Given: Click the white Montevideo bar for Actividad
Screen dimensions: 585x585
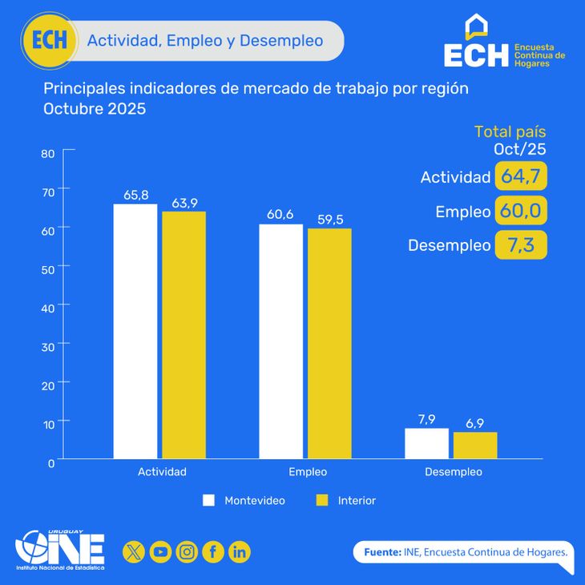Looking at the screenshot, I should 135,331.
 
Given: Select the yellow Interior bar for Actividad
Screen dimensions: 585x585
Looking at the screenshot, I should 184,335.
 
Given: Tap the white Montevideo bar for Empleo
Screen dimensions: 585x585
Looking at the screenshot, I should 280,341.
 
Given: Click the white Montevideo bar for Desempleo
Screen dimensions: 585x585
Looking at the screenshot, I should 426,443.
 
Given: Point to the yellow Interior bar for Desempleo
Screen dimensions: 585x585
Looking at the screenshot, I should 475,445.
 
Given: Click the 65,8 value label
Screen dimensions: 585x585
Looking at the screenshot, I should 135,195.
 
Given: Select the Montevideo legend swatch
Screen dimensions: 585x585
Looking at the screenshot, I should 209,500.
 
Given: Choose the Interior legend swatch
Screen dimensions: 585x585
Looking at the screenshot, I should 323,500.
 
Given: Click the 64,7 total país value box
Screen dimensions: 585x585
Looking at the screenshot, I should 521,176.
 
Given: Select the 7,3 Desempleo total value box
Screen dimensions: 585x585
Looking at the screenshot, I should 521,245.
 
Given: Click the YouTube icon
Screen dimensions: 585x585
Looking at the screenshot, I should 160,551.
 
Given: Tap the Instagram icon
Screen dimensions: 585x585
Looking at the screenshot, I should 187,551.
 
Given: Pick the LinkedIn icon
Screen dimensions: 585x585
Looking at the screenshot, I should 240,551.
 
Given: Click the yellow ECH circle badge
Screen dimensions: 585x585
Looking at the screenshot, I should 50,41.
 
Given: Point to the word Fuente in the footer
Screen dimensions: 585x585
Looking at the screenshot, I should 382,552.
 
